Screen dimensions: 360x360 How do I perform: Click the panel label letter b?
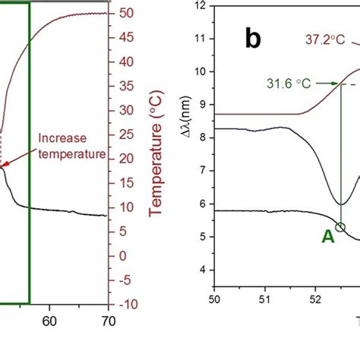point(254,39)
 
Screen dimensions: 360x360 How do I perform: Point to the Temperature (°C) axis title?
point(159,159)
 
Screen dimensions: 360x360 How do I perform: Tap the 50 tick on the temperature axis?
point(127,13)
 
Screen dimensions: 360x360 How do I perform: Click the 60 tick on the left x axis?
point(49,321)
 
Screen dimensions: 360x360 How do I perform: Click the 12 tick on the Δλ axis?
point(200,5)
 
